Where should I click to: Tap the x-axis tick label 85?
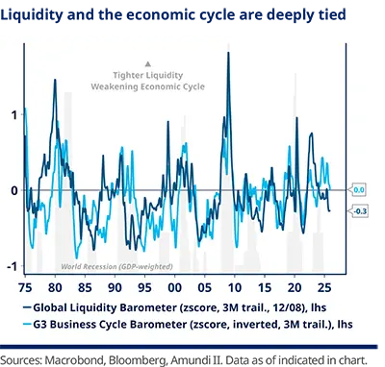(x=86, y=287)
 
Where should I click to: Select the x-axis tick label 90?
(x=115, y=287)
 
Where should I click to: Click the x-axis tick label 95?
(x=144, y=287)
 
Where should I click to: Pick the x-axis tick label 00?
(x=174, y=287)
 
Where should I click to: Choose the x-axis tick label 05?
(x=204, y=287)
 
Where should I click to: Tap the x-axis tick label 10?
(x=234, y=287)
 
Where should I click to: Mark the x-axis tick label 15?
(x=263, y=287)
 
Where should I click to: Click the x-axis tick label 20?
(x=293, y=287)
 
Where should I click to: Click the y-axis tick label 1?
(x=13, y=114)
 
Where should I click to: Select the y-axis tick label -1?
(x=11, y=266)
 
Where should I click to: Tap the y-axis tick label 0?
(x=13, y=190)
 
